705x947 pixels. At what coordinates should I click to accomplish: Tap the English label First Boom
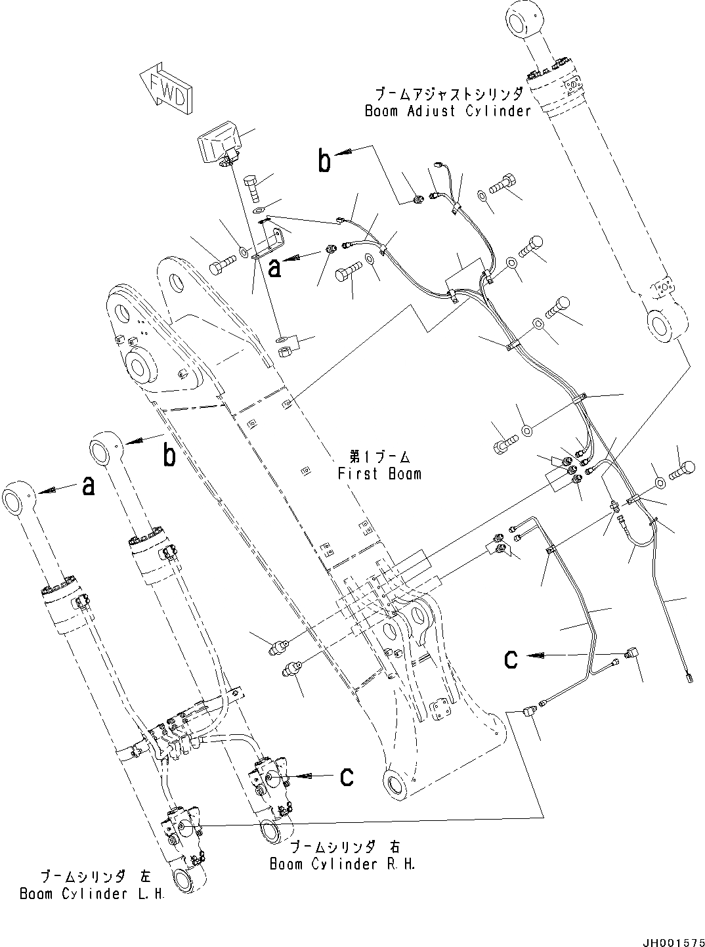tap(379, 473)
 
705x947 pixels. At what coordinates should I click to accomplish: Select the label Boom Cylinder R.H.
tap(343, 864)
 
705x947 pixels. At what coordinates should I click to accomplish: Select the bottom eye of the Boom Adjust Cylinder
tap(664, 324)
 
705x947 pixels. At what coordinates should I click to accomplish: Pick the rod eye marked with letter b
tap(105, 449)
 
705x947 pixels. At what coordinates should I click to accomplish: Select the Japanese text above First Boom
tap(379, 455)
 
